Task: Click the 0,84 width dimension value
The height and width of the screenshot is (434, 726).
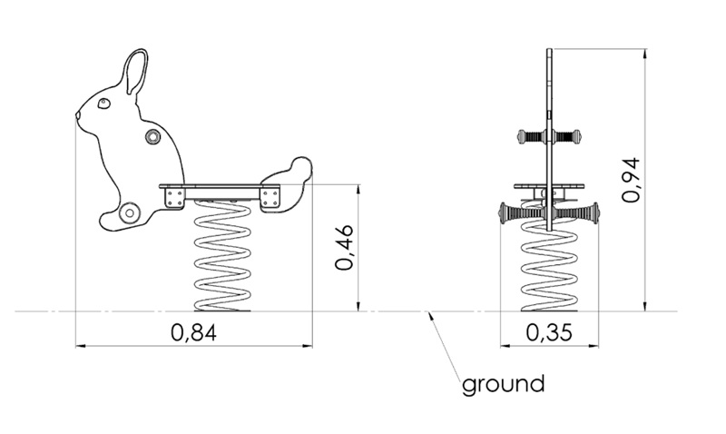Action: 193,332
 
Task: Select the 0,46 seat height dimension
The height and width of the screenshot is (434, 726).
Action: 345,247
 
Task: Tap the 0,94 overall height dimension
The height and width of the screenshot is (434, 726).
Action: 631,180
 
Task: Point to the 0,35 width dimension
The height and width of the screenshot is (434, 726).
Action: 549,332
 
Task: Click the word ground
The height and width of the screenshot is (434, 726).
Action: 503,385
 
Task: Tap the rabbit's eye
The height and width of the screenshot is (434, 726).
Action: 104,104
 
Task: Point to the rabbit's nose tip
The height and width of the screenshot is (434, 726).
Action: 77,113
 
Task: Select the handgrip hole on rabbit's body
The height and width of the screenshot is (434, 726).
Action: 152,136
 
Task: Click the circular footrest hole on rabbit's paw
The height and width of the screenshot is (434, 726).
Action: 129,213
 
